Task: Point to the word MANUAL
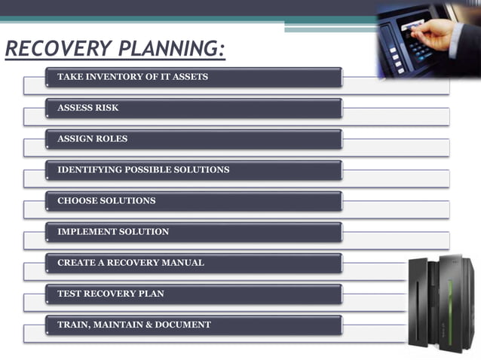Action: [x=184, y=263]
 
